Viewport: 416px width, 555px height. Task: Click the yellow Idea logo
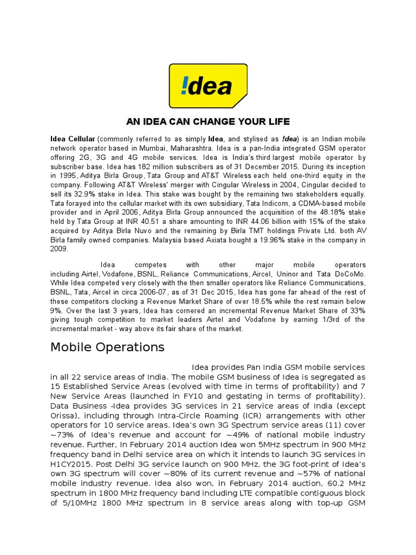click(208, 86)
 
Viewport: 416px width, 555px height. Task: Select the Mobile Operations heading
click(107, 347)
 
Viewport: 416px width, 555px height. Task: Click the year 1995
click(67, 176)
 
